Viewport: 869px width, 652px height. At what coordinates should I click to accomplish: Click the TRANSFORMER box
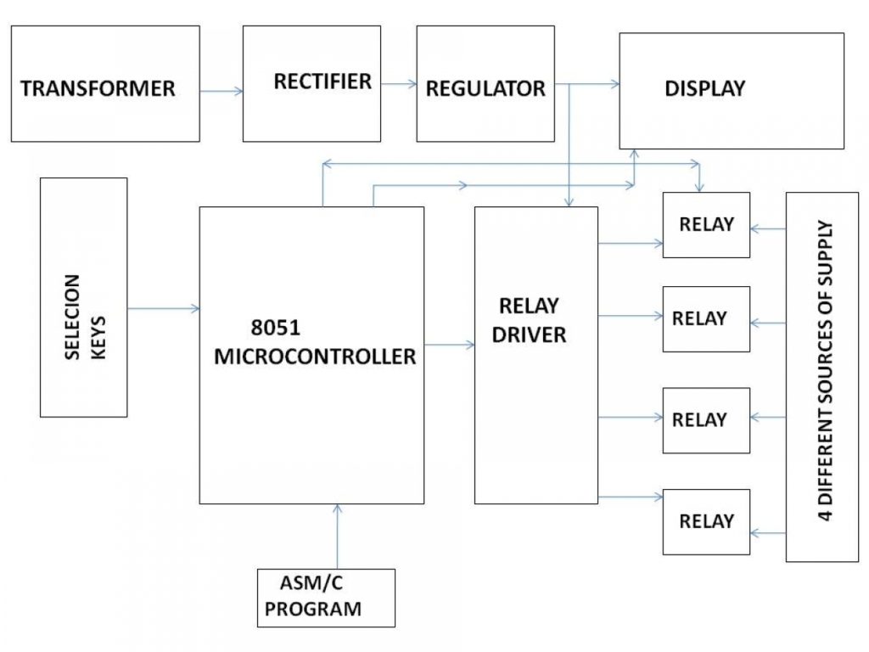tap(105, 83)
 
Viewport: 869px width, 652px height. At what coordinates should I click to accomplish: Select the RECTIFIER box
tap(311, 83)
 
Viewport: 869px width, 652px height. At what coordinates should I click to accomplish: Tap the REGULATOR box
tap(485, 83)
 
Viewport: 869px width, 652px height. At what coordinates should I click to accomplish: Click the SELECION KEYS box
tap(84, 297)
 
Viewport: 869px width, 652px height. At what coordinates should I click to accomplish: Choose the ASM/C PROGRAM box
tap(326, 598)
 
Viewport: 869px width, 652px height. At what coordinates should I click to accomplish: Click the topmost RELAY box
tap(706, 225)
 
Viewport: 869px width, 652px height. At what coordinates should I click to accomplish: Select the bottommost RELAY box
tap(706, 521)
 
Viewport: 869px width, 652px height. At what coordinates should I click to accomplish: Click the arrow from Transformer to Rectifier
tap(221, 89)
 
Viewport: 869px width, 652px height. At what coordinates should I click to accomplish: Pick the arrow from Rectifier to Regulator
tap(399, 83)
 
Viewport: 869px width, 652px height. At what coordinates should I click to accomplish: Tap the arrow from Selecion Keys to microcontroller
tap(163, 309)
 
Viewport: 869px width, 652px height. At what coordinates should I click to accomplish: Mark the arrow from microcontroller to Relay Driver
tap(449, 345)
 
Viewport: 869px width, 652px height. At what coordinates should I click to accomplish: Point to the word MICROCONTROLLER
tap(315, 357)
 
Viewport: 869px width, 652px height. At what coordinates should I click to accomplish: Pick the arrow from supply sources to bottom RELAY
tap(768, 532)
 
